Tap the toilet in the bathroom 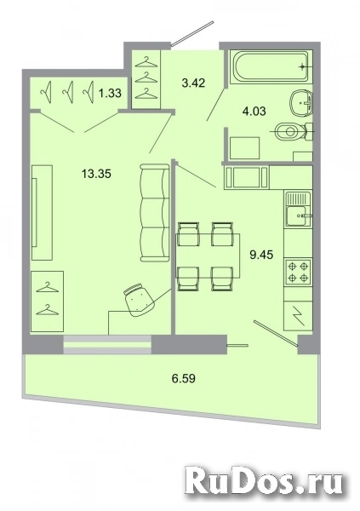point(286,132)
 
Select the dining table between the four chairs point(204,251)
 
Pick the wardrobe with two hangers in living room point(48,302)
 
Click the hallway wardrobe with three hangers point(148,76)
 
